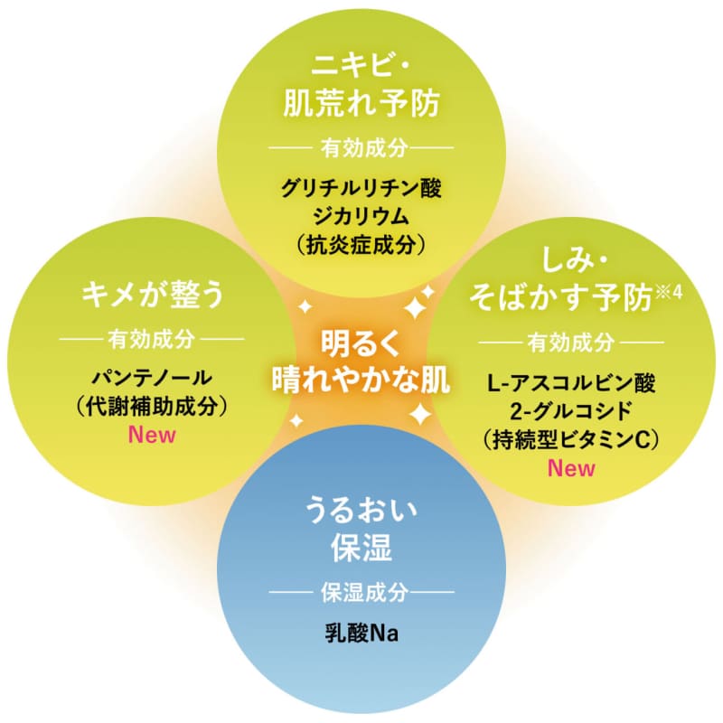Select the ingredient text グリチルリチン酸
pyautogui.click(x=361, y=189)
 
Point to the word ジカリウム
pyautogui.click(x=361, y=216)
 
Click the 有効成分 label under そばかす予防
pyautogui.click(x=571, y=343)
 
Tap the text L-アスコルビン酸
pyautogui.click(x=571, y=381)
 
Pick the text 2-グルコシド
pyautogui.click(x=571, y=409)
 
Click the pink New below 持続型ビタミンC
pyautogui.click(x=571, y=467)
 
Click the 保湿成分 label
pyautogui.click(x=361, y=593)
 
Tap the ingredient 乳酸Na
pyautogui.click(x=361, y=633)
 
